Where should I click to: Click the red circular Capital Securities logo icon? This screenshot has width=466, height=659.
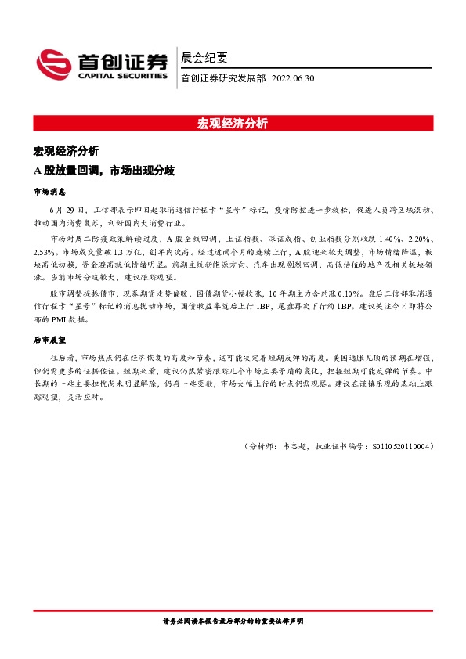tap(53, 63)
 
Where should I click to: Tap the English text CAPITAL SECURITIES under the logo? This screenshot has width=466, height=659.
tap(121, 76)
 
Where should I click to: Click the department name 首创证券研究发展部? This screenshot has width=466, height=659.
tap(223, 77)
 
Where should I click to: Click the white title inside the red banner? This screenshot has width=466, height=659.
tap(233, 123)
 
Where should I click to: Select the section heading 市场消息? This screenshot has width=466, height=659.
tap(49, 191)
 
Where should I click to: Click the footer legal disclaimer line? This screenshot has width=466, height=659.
tap(233, 621)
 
